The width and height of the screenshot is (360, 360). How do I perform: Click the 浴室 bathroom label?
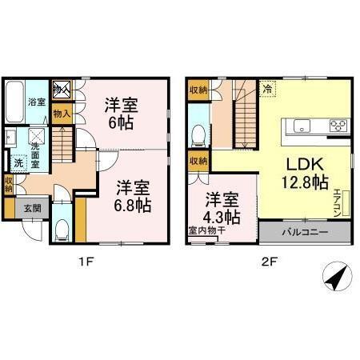[35, 102]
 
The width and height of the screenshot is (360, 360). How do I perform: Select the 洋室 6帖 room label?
[120, 112]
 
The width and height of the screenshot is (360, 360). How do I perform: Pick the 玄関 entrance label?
[32, 209]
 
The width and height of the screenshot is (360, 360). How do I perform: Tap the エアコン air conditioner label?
[338, 199]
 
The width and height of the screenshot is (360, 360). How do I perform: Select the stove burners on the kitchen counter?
[338, 125]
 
